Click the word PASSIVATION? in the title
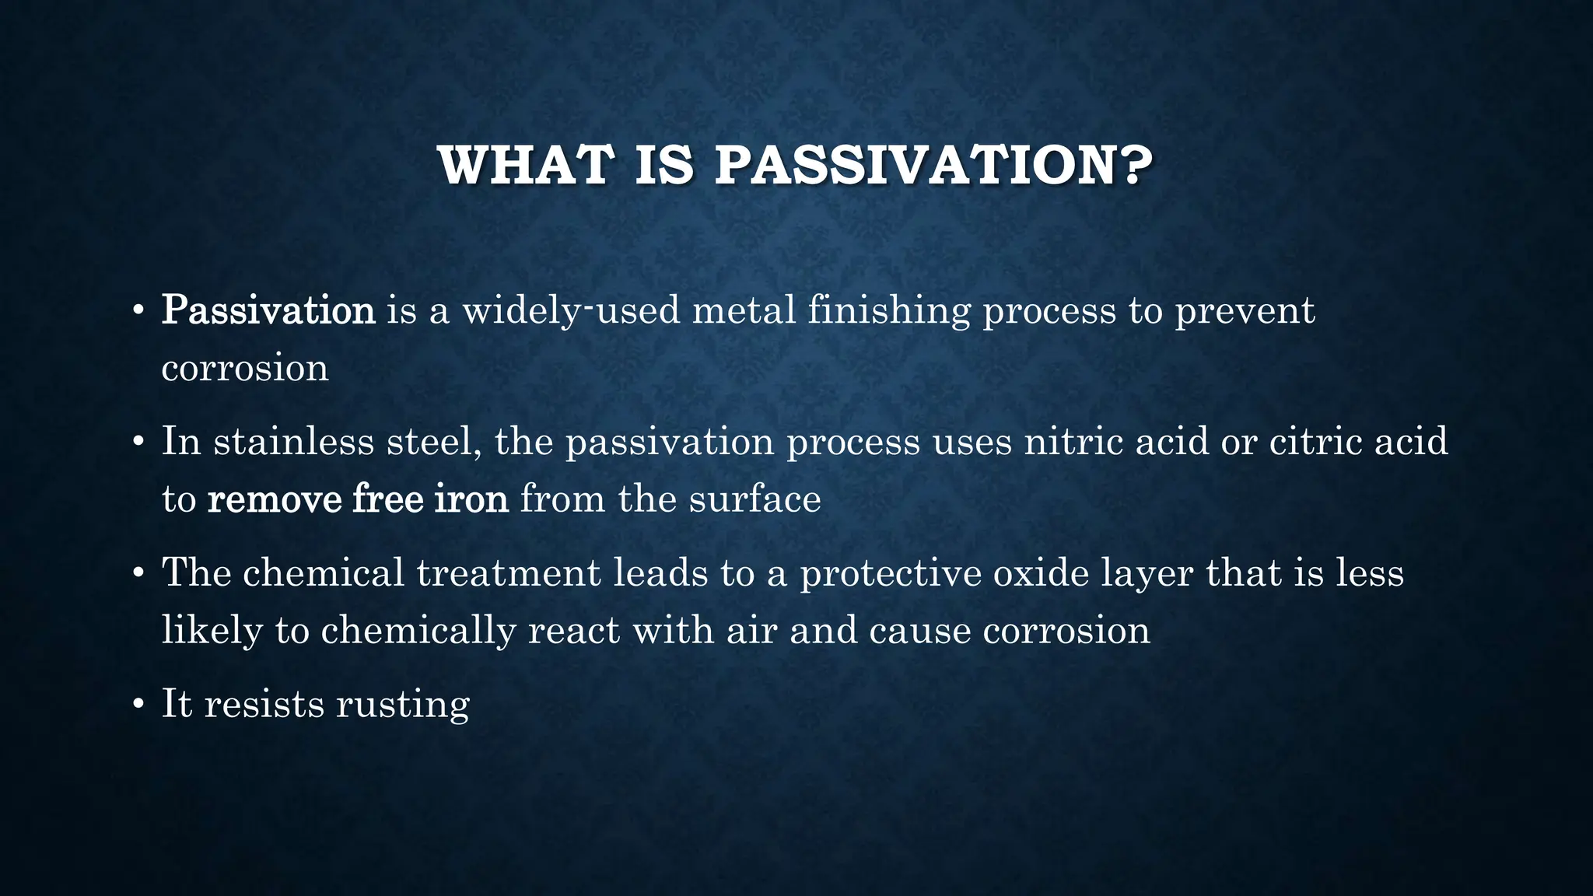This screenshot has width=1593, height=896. point(933,165)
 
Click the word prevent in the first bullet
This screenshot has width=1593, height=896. point(1244,311)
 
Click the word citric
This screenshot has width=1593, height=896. point(1315,441)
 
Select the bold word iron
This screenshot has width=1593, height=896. point(471,498)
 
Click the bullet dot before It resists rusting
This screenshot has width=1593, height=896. point(138,705)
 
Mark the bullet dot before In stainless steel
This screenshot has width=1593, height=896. point(138,442)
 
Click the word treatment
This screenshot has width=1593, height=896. point(509,572)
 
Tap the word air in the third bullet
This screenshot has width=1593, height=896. point(751,630)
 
